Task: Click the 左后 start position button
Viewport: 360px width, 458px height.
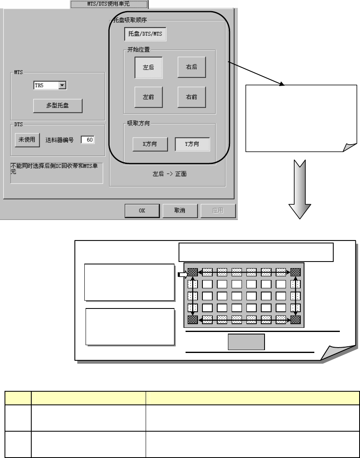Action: click(x=149, y=67)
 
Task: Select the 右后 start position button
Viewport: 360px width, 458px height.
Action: click(x=192, y=67)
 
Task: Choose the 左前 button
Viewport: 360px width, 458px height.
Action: click(x=149, y=98)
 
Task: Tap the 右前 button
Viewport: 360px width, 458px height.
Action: click(x=192, y=98)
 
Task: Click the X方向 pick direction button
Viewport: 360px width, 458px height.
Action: click(x=150, y=144)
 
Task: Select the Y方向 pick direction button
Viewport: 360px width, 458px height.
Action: click(x=192, y=144)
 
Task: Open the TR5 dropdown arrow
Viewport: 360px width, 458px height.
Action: click(x=63, y=85)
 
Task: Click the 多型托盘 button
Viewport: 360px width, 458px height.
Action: click(x=58, y=105)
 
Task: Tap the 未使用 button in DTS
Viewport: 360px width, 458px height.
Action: click(x=27, y=140)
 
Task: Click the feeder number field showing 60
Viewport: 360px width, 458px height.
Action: click(x=88, y=140)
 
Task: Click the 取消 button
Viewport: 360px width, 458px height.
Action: click(x=180, y=210)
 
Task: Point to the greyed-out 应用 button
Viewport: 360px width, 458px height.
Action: click(x=218, y=210)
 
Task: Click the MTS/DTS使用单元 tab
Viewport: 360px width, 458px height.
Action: click(x=109, y=4)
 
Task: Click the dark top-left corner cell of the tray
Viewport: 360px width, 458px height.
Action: click(x=193, y=272)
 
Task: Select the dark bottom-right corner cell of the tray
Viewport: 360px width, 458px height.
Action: click(x=295, y=320)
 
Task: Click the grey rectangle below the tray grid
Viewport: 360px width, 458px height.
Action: click(x=246, y=342)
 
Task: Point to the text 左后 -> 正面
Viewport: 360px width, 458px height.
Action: click(x=170, y=174)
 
